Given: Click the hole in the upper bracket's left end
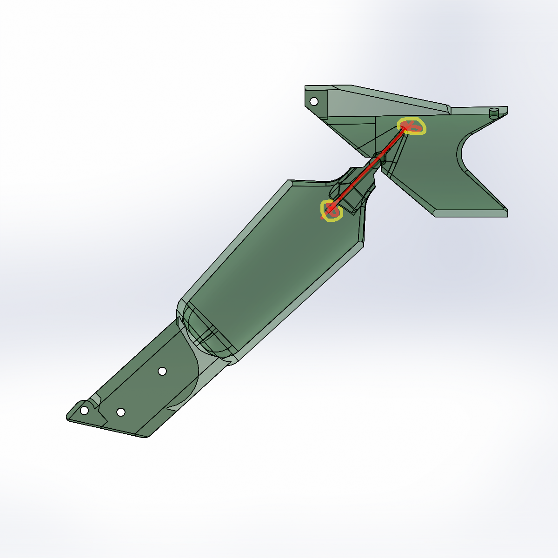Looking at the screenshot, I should pyautogui.click(x=314, y=101).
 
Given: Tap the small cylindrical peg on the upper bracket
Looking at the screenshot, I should pyautogui.click(x=494, y=112).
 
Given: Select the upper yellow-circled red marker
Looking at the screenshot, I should pyautogui.click(x=412, y=126).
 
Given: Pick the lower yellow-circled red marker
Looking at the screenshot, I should pyautogui.click(x=331, y=210).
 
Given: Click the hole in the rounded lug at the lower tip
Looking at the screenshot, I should pyautogui.click(x=84, y=411).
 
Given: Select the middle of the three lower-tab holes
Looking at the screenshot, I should pyautogui.click(x=120, y=412).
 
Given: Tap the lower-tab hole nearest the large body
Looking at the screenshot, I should pyautogui.click(x=162, y=371).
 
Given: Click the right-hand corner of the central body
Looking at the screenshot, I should pyautogui.click(x=363, y=242).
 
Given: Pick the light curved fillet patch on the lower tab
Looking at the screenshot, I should pyautogui.click(x=186, y=395).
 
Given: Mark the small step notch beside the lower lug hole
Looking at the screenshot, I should pyautogui.click(x=95, y=401).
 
